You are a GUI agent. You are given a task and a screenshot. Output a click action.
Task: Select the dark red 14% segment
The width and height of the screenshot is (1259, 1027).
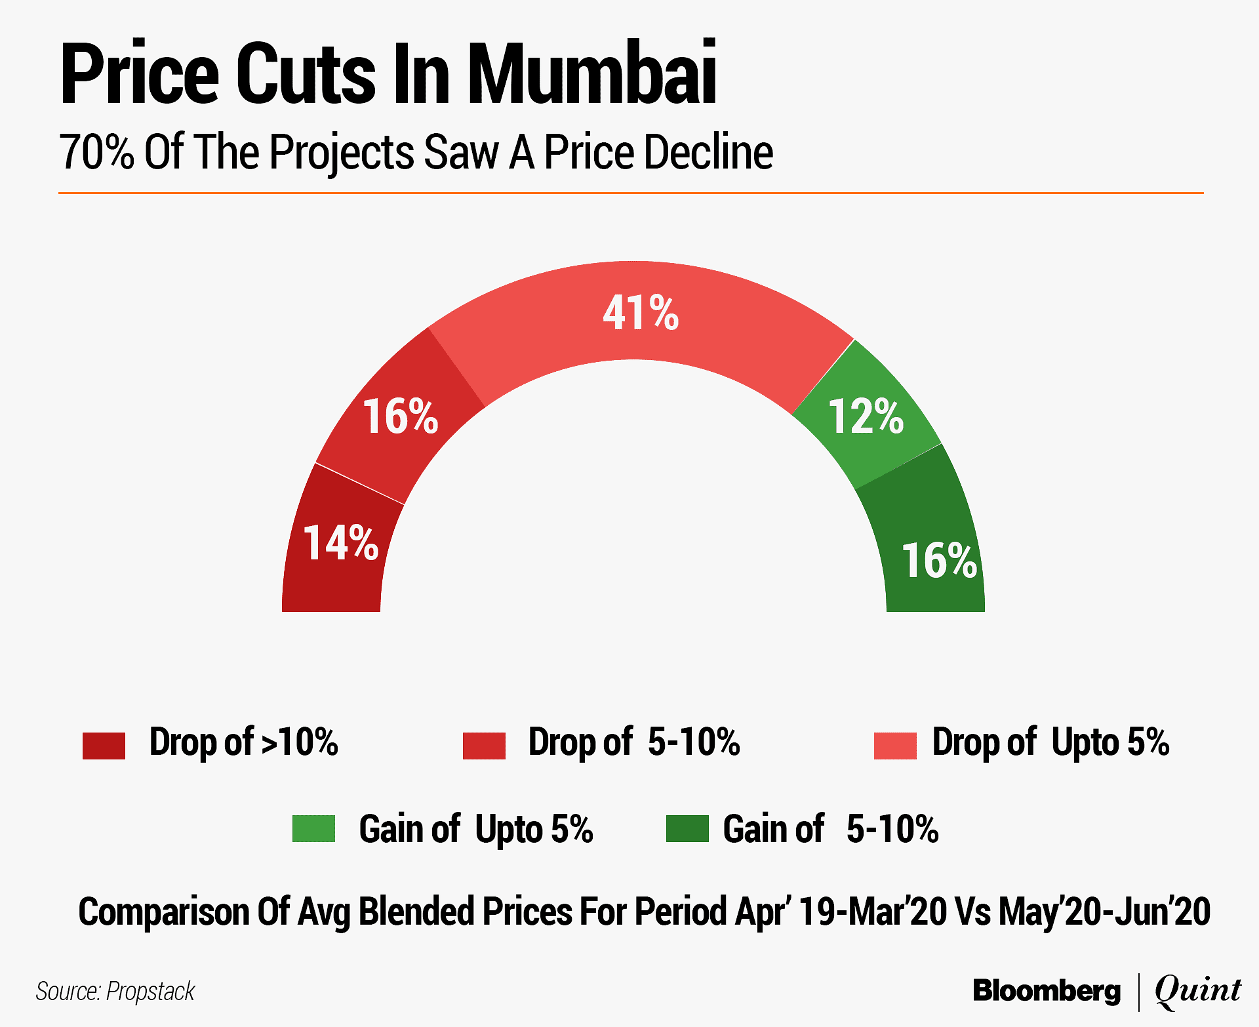coord(338,551)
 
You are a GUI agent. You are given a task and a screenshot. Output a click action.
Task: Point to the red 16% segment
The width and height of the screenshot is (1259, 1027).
coord(401,416)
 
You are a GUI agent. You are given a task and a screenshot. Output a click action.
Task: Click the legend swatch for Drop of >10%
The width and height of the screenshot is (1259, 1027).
coord(104,746)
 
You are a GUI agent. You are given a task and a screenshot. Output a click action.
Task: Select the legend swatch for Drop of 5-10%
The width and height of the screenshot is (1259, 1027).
coord(484,746)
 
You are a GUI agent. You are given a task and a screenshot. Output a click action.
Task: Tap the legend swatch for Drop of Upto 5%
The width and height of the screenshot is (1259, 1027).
coord(895,746)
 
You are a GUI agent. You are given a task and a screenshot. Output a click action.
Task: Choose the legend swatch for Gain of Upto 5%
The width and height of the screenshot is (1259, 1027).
coord(313,828)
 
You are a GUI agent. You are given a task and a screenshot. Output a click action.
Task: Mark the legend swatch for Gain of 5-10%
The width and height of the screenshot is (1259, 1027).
coord(687,828)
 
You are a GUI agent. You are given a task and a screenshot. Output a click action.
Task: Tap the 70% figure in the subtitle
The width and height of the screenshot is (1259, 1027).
coord(96,152)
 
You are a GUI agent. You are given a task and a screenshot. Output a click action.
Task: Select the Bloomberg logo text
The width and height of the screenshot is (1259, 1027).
coord(1047,990)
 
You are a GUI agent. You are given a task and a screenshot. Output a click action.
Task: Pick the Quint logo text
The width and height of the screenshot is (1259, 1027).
coord(1197,990)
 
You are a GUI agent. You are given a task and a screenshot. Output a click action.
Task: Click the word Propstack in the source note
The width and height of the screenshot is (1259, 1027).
coord(150,992)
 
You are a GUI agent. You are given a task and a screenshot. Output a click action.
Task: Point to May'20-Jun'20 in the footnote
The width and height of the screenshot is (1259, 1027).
coord(1104,912)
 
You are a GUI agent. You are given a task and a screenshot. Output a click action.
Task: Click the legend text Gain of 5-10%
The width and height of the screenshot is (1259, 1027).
coord(830,829)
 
